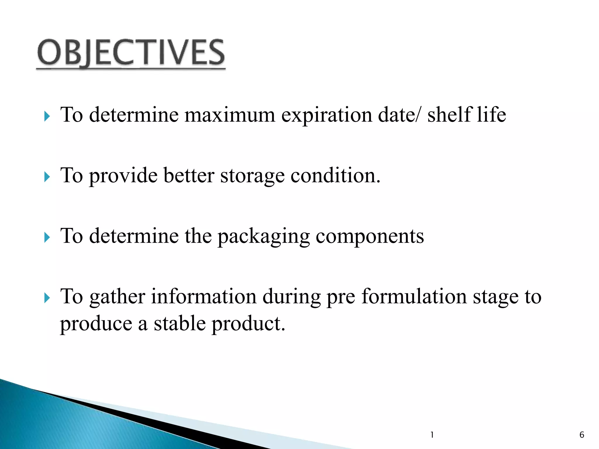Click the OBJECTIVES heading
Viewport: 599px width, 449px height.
pyautogui.click(x=131, y=53)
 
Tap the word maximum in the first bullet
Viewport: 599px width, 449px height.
pyautogui.click(x=230, y=115)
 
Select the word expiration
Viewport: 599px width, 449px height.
pyautogui.click(x=327, y=115)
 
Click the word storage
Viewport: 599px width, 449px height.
pyautogui.click(x=252, y=176)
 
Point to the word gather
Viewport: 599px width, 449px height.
pyautogui.click(x=117, y=297)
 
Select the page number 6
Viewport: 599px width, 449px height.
pyautogui.click(x=582, y=435)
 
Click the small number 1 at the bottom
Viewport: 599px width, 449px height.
pyautogui.click(x=432, y=435)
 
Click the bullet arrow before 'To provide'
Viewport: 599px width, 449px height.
pyautogui.click(x=47, y=177)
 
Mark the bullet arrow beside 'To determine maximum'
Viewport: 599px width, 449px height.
pyautogui.click(x=47, y=116)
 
